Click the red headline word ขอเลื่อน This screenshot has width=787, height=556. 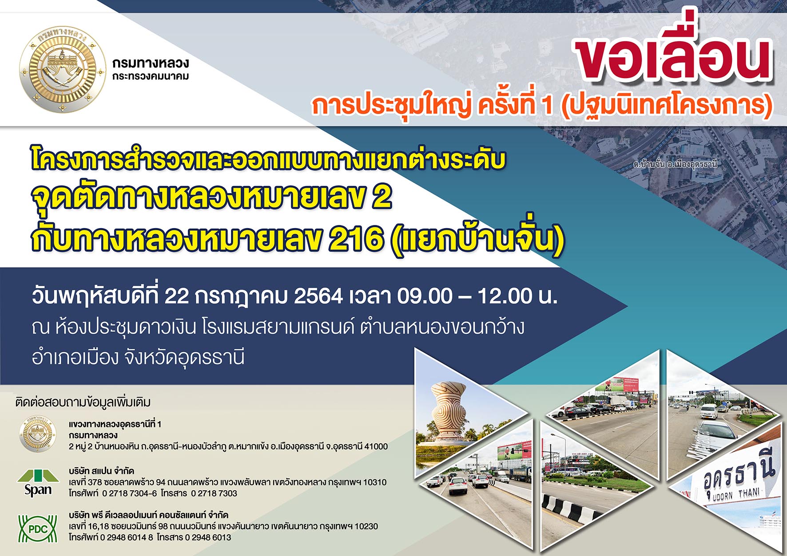click(x=673, y=53)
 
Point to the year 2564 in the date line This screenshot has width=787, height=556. click(x=318, y=296)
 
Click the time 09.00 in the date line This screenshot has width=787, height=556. click(x=424, y=296)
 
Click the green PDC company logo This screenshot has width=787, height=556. click(x=38, y=528)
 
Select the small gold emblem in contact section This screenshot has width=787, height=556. click(x=38, y=434)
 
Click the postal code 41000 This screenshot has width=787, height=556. click(x=376, y=446)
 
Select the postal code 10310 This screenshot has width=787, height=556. click(x=374, y=482)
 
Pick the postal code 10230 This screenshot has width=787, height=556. click(x=366, y=526)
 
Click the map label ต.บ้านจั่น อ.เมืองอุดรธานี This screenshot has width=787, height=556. click(x=675, y=164)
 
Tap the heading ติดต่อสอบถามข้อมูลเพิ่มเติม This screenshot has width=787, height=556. click(x=83, y=402)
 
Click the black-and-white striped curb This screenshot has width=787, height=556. click(x=571, y=510)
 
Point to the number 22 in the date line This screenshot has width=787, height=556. click(x=176, y=296)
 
